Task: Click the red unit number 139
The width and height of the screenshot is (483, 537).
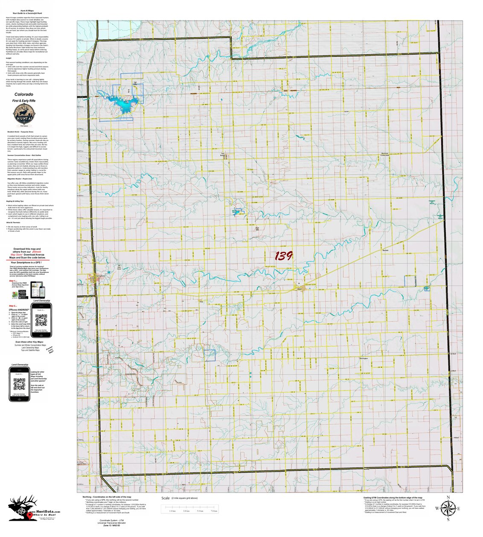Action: (x=283, y=256)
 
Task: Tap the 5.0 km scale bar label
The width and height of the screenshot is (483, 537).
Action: (x=200, y=511)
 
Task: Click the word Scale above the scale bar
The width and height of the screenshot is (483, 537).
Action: (x=166, y=498)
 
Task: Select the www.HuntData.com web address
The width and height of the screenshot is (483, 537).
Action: (x=45, y=511)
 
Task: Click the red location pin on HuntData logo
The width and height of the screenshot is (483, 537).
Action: (x=29, y=515)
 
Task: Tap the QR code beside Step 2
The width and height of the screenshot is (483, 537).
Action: (x=41, y=320)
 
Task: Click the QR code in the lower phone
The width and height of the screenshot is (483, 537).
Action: (x=20, y=384)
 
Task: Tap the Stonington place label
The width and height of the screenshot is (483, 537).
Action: (x=363, y=359)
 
